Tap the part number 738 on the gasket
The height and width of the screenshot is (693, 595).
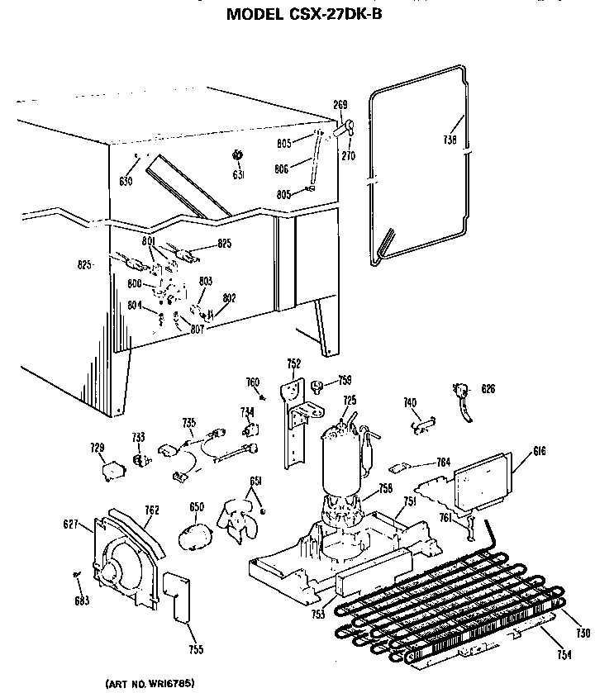(x=450, y=140)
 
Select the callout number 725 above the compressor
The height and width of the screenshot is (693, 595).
(x=350, y=401)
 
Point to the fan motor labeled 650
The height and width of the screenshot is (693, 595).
(x=196, y=535)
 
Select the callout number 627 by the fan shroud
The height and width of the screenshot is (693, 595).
(x=72, y=523)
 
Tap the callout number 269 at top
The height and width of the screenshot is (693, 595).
(x=340, y=105)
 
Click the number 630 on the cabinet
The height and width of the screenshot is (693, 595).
(x=126, y=181)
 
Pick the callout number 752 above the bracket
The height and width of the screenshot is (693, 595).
(x=293, y=363)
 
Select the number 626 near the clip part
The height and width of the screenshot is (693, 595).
(x=489, y=388)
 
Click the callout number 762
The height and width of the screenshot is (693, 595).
(x=151, y=510)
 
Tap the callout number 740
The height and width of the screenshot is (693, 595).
(x=409, y=402)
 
